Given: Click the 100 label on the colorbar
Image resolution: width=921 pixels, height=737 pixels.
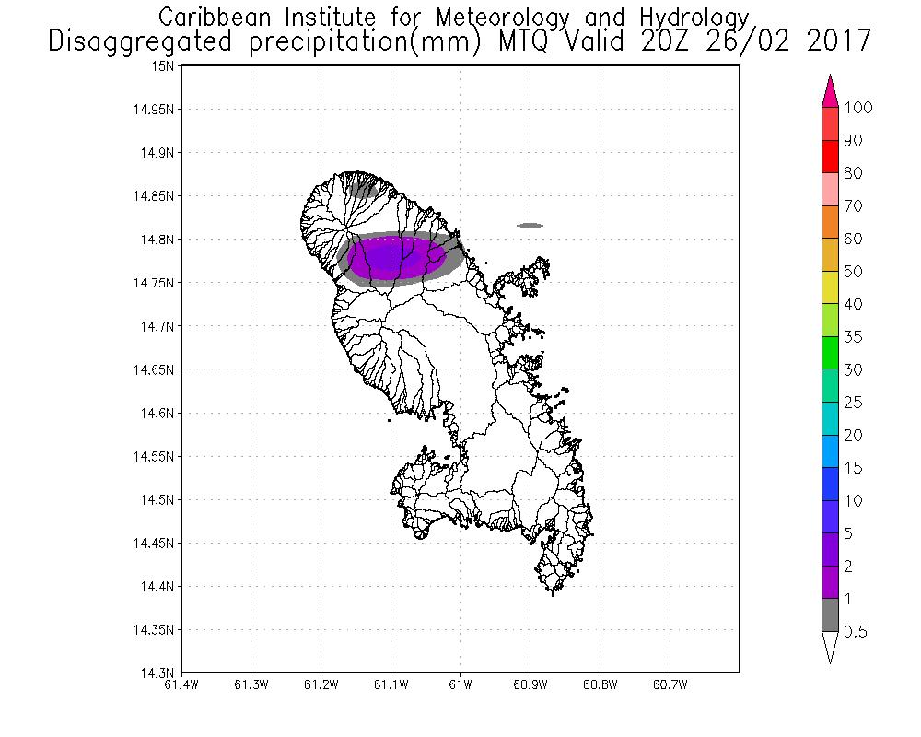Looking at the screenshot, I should click(x=857, y=108).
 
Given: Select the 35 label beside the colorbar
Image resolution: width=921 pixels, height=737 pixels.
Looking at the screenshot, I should click(x=853, y=337).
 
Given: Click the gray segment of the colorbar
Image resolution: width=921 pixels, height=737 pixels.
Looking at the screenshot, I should click(x=830, y=615).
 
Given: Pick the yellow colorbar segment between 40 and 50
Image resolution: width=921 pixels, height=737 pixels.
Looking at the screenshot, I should click(x=830, y=288).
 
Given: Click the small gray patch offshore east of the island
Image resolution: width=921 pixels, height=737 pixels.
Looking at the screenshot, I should click(x=530, y=225).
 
